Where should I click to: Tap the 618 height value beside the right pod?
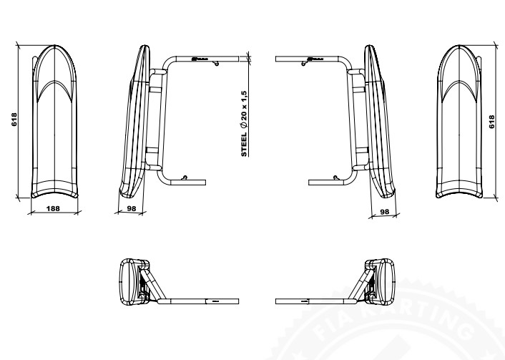point(491,122)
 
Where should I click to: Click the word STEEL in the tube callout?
point(244,146)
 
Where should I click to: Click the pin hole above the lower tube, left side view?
point(185,175)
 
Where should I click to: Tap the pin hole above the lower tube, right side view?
point(333,175)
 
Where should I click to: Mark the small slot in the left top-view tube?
point(213,302)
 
